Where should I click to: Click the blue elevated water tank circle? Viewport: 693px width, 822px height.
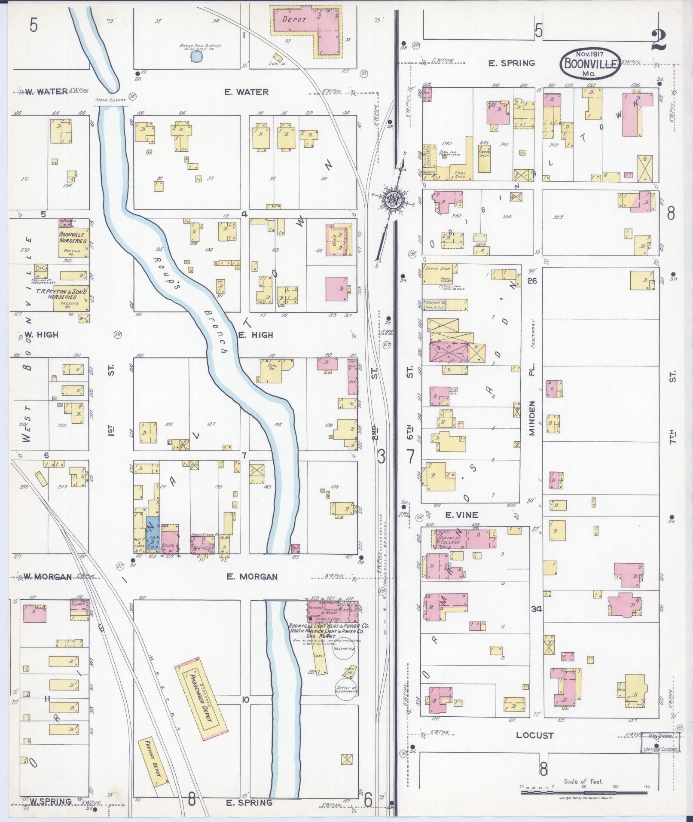195,56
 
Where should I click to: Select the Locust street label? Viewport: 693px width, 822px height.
534,735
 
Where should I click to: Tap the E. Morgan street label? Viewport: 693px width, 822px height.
252,577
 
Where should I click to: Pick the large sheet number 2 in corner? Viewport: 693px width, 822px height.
658,40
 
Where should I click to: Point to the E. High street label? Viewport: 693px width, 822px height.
256,335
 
